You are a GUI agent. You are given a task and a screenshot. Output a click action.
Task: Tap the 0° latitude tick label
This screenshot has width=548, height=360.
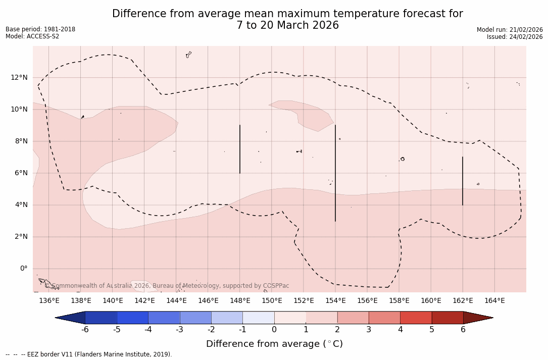click(24, 268)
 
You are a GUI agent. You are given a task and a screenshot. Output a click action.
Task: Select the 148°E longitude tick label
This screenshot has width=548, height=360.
click(240, 301)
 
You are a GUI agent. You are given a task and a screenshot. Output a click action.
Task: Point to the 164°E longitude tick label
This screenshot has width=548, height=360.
click(494, 301)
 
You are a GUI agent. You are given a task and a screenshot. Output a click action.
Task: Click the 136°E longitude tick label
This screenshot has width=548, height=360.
click(49, 301)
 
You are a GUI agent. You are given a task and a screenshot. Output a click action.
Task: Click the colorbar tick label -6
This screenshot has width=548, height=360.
click(85, 330)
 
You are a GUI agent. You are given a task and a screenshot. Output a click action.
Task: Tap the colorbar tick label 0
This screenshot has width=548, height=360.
click(274, 330)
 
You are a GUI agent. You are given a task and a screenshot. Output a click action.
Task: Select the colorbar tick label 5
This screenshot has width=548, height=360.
click(432, 330)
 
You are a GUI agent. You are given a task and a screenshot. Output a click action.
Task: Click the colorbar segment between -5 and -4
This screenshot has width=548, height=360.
click(132, 318)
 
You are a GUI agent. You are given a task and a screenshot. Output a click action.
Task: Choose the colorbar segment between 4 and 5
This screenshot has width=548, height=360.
click(416, 318)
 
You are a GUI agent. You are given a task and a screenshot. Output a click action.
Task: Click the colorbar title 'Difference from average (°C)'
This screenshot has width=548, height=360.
click(274, 344)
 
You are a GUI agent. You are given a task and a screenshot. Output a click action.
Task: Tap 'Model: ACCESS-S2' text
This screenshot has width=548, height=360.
click(32, 36)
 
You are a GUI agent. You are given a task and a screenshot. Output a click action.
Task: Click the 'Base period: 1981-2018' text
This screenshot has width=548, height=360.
click(40, 29)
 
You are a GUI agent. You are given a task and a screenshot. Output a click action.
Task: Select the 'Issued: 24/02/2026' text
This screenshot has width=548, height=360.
click(515, 37)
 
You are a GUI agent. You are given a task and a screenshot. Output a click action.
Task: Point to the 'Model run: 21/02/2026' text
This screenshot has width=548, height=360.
click(510, 30)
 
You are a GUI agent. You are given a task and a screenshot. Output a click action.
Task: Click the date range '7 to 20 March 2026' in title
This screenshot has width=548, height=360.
click(287, 25)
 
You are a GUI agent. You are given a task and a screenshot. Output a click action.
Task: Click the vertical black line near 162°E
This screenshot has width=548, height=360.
click(462, 181)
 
